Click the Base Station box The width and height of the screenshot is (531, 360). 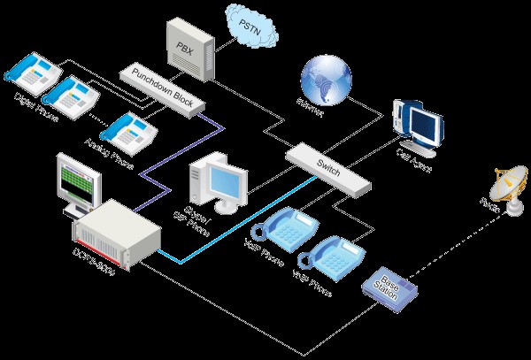point(390,287)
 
